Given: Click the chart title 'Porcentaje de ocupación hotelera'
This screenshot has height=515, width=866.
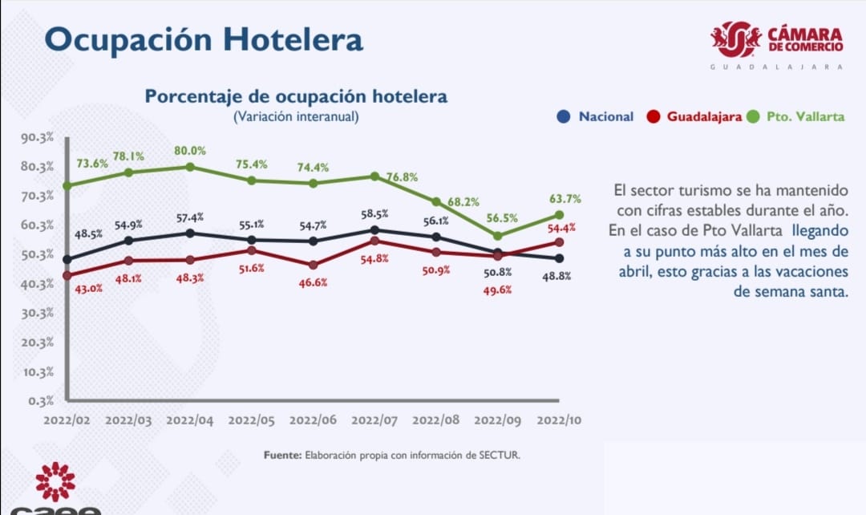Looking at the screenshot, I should [x=296, y=96].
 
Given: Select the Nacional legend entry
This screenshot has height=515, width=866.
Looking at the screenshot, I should [x=597, y=116].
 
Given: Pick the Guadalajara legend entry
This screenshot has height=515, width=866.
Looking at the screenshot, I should [x=695, y=116].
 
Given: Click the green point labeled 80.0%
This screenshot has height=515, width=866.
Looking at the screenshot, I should [x=190, y=167].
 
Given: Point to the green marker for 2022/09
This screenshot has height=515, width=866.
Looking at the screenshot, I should [x=497, y=236].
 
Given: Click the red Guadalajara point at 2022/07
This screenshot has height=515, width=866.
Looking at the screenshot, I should [x=374, y=241].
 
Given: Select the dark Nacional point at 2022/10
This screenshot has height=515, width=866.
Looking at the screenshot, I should [x=560, y=258].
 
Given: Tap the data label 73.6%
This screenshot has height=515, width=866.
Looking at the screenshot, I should [x=93, y=163].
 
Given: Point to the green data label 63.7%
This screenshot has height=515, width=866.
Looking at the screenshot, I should [x=565, y=199].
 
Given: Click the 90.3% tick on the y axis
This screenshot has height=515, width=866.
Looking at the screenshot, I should [x=37, y=137].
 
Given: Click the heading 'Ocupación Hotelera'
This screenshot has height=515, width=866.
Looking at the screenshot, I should [x=203, y=39].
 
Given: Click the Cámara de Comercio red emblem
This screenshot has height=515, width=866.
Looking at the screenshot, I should [x=735, y=39].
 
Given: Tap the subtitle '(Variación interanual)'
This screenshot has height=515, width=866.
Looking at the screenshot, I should [x=296, y=116].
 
